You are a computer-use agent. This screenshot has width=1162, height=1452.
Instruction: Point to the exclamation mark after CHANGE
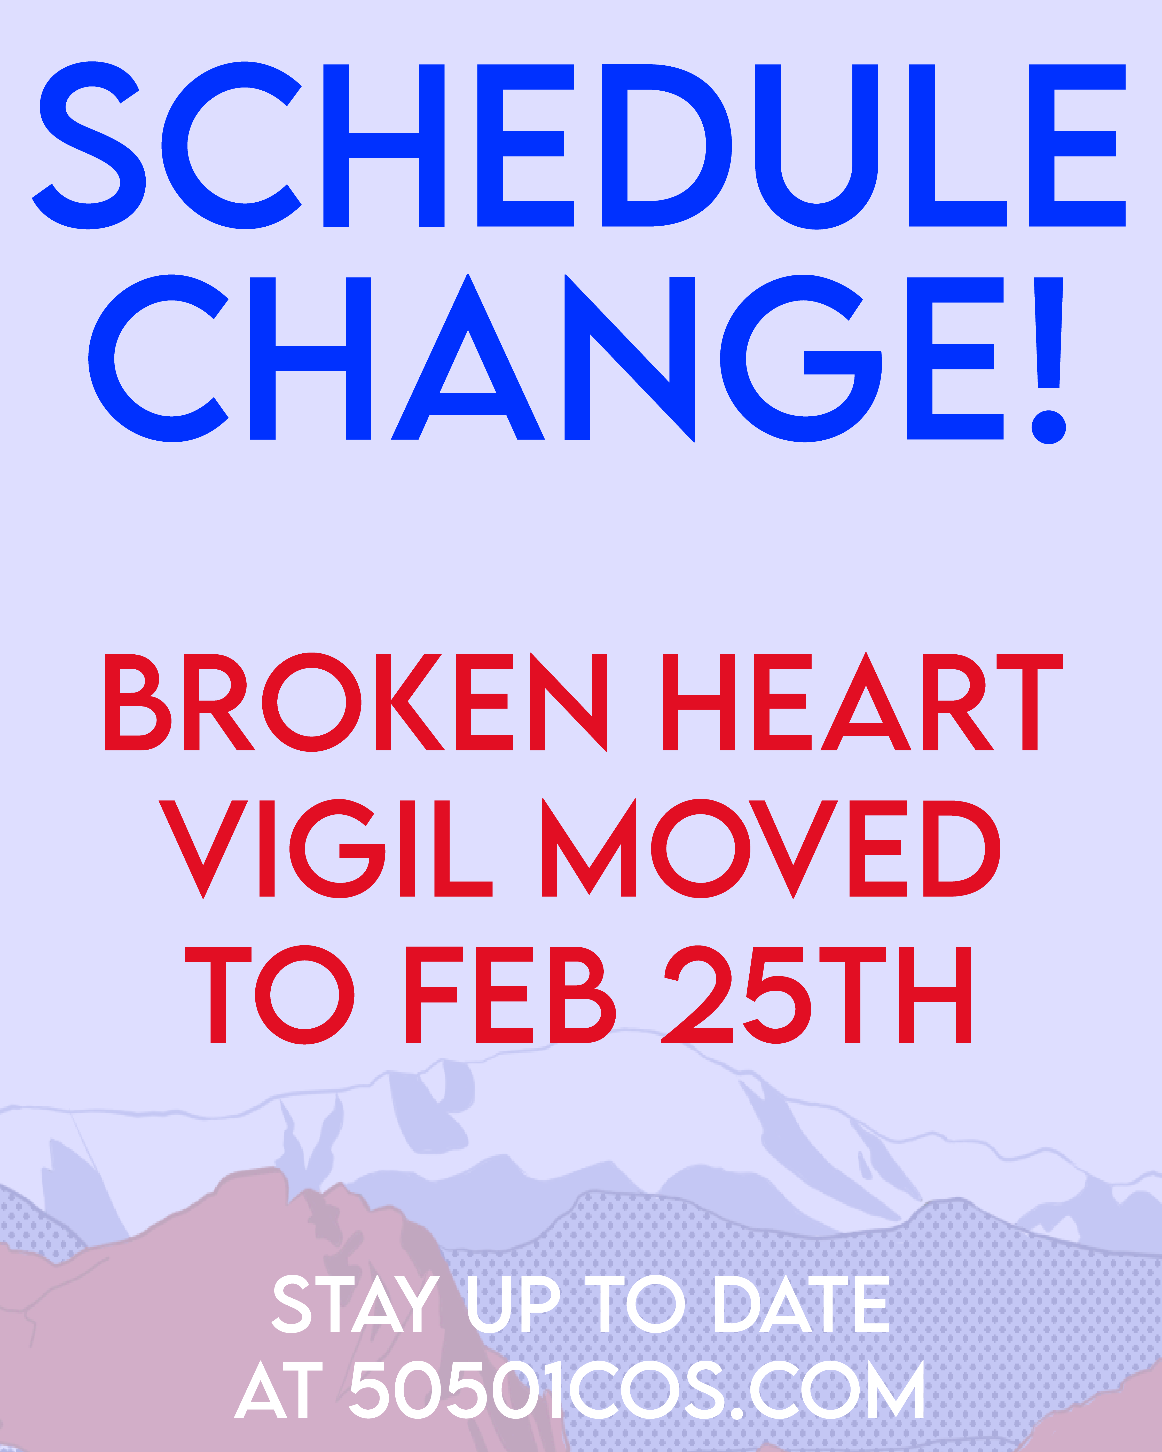click(x=1049, y=360)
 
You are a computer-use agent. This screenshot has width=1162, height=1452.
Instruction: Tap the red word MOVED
click(x=771, y=848)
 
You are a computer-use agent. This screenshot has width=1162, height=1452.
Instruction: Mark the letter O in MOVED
click(x=701, y=848)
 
